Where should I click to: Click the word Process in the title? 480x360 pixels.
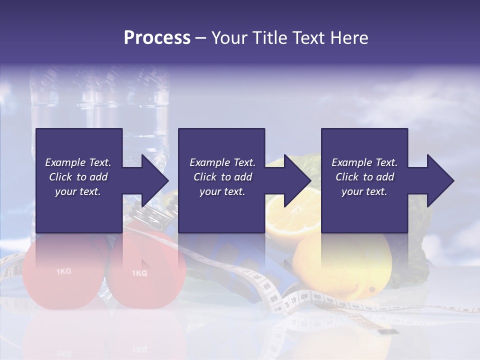(x=157, y=38)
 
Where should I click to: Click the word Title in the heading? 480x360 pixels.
(x=267, y=38)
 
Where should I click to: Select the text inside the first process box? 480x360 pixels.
(x=78, y=177)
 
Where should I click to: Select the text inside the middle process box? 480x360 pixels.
(x=222, y=177)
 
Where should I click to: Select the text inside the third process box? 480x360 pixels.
(x=364, y=177)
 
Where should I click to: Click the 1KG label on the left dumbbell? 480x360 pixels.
(x=63, y=271)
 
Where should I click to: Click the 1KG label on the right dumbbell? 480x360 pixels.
(x=139, y=273)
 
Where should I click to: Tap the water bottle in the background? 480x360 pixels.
(x=100, y=100)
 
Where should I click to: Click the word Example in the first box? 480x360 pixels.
(x=65, y=162)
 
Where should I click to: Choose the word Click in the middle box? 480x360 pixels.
(x=204, y=177)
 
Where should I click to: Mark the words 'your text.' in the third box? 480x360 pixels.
(x=364, y=191)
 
